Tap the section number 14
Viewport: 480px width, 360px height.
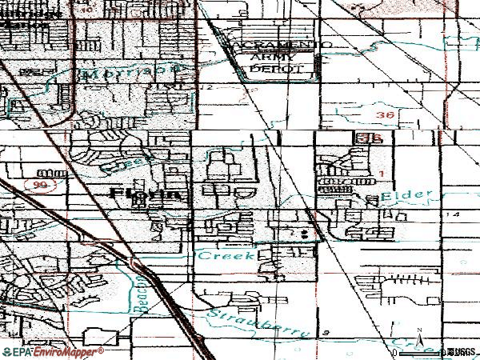point(455,216)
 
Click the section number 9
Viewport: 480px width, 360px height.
point(326,330)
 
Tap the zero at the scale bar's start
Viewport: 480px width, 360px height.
point(396,352)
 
